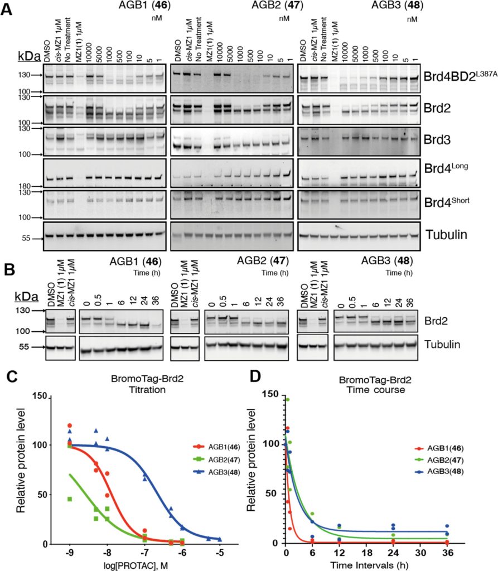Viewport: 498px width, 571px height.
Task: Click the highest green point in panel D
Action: coord(288,400)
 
